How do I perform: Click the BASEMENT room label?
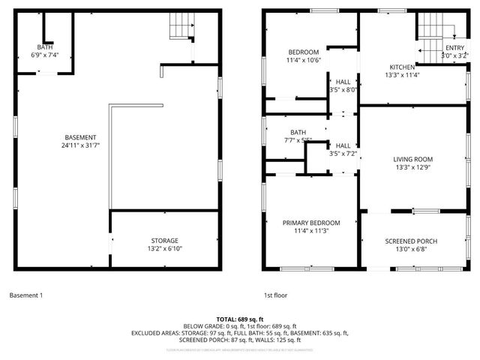[80, 137]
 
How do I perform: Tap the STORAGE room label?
[163, 241]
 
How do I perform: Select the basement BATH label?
[45, 46]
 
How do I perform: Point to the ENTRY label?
[455, 48]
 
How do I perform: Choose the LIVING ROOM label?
[413, 159]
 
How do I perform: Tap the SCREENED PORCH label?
[411, 241]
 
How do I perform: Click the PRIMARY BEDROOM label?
[311, 223]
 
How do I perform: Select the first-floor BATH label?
[298, 132]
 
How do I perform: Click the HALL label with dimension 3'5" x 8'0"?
[343, 82]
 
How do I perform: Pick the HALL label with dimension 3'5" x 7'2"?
[343, 145]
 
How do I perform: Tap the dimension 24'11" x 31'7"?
[80, 145]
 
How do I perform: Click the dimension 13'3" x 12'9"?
[413, 167]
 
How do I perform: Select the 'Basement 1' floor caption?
[26, 295]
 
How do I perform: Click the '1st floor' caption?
[275, 295]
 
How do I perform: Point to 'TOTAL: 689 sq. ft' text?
[240, 319]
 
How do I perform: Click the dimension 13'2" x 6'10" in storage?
[163, 249]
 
